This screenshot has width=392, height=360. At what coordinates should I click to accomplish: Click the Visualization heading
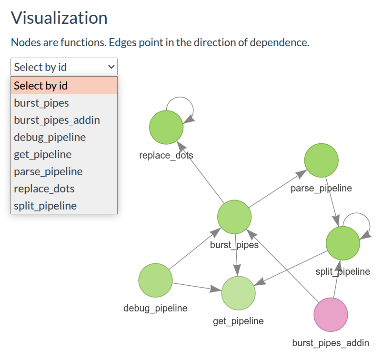coord(59,18)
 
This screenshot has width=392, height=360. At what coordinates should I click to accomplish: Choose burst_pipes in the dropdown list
coord(41,103)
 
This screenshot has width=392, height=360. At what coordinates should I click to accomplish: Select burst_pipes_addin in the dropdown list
coord(57,120)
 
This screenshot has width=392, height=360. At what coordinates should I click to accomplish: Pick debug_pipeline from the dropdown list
coord(50,137)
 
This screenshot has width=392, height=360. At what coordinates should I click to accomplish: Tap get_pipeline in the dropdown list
coord(43,154)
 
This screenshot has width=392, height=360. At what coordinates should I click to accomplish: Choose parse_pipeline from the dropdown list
coord(48,171)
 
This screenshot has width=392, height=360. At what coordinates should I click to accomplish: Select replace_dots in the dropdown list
coord(44,189)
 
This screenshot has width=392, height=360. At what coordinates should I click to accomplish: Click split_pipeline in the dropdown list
coord(45,206)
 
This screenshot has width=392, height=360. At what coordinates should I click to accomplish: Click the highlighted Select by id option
coord(41,86)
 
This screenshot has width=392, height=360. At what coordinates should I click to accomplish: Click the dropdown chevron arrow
coord(111,67)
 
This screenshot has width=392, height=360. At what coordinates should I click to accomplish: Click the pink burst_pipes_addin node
coord(331,315)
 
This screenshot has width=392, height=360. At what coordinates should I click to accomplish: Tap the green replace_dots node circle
coord(166,127)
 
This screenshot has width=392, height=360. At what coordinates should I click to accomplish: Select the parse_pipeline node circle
coord(321,160)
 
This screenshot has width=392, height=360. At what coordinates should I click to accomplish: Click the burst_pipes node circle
coord(234,217)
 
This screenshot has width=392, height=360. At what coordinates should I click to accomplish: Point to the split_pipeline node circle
coord(342,243)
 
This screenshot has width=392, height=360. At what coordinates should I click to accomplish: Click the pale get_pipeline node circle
coord(238,293)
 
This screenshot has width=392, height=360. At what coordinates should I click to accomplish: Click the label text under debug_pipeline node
coord(155,308)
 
